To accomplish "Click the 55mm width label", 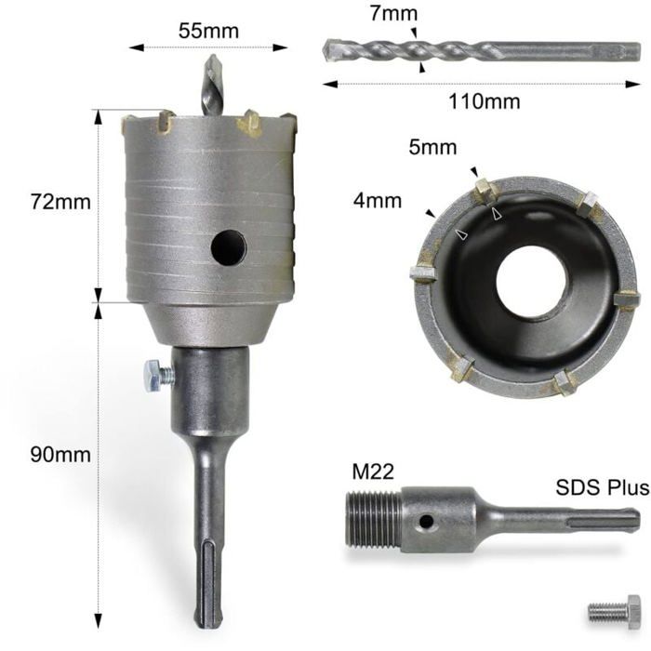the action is [x=208, y=31].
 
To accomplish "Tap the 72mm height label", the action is [x=60, y=202].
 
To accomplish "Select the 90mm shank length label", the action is [x=60, y=455].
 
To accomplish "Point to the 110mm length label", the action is [x=485, y=101].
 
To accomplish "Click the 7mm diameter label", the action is [x=393, y=13].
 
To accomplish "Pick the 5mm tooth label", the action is [x=432, y=147].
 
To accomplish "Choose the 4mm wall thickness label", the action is [x=378, y=201].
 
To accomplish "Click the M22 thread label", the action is [x=373, y=472].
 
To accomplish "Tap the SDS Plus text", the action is [x=603, y=487].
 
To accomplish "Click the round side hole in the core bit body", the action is [x=229, y=248].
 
